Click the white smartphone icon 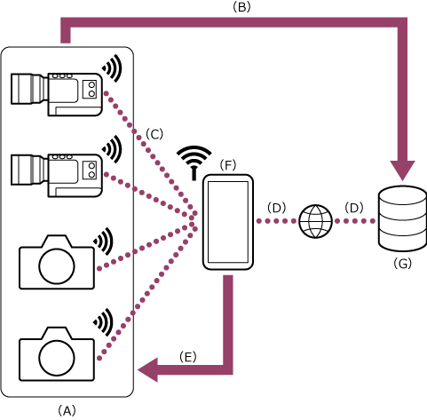(228, 222)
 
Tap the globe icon (315, 221)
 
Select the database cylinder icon (402, 218)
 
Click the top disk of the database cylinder (402, 196)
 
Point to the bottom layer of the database (402, 240)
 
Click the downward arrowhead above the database (402, 170)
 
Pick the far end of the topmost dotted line (105, 92)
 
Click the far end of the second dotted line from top (106, 173)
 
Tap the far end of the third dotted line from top (99, 269)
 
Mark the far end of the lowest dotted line (99, 359)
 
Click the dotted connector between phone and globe (276, 221)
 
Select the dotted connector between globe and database (355, 221)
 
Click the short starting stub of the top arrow (66, 34)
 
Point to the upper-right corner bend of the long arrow (401, 22)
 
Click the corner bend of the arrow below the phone (228, 369)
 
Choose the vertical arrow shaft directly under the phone (228, 320)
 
